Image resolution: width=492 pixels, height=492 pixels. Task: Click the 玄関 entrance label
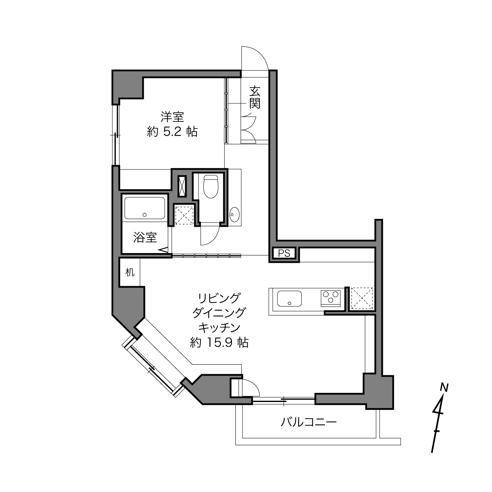(x=255, y=97)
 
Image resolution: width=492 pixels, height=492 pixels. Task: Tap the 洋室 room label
(x=172, y=117)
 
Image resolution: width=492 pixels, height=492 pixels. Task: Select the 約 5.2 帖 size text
(x=172, y=132)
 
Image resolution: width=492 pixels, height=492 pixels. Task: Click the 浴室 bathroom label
(x=145, y=237)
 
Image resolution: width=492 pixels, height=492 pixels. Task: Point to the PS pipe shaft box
(x=284, y=253)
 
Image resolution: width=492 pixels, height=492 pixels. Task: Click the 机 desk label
(x=130, y=272)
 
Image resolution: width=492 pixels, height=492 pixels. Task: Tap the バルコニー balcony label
(x=308, y=422)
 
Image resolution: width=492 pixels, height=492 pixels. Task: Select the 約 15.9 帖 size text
(x=219, y=342)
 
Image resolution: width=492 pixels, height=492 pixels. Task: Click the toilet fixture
(x=211, y=186)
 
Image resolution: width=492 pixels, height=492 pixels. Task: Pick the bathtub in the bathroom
(x=145, y=208)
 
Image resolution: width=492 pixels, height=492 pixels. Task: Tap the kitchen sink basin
(x=289, y=299)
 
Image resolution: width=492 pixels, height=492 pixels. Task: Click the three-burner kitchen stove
(x=330, y=297)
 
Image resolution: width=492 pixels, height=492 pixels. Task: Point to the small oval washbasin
(x=234, y=215)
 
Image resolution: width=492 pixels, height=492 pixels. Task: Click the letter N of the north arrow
(x=444, y=387)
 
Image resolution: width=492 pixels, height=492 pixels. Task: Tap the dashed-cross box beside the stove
(x=362, y=299)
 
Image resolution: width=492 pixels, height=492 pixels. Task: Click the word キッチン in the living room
(x=219, y=327)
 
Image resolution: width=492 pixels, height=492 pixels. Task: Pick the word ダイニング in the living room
(x=219, y=313)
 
